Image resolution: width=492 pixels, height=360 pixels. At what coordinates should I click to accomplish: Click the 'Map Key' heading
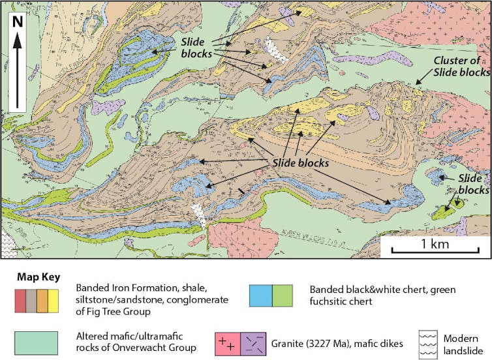coord(38,277)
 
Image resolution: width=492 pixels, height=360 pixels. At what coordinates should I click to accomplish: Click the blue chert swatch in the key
coord(260,295)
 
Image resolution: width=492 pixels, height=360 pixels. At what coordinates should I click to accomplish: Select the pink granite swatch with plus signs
coord(228,342)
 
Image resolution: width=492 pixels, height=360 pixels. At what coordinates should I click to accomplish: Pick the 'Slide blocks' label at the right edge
coord(473,184)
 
